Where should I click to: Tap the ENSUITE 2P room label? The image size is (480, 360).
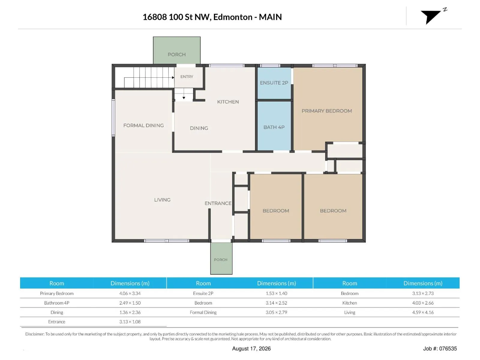point(274,83)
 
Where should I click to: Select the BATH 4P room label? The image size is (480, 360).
point(274,127)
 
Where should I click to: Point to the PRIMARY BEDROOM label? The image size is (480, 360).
point(327,111)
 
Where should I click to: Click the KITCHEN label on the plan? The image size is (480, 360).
point(228,102)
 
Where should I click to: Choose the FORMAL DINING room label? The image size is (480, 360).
point(143,125)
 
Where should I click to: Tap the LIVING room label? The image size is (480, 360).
point(162,200)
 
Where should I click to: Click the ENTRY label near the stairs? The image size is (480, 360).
point(187,77)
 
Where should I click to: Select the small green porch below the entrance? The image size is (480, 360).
point(221,258)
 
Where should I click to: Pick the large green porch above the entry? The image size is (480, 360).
point(177,50)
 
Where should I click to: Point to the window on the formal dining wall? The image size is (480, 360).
point(113,118)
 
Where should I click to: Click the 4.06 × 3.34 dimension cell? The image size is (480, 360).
point(130,293)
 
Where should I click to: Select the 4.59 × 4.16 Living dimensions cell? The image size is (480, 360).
point(423,312)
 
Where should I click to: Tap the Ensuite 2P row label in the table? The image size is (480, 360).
point(203,293)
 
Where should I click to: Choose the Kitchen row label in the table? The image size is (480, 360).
point(349,303)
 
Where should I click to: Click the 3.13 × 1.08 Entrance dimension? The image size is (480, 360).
point(130,322)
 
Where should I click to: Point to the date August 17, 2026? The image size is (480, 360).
point(251,349)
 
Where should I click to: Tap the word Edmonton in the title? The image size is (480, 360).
point(233,17)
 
